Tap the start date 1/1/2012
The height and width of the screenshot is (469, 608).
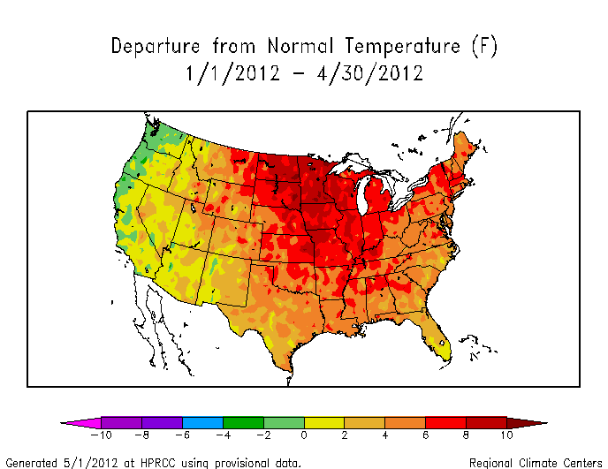233,74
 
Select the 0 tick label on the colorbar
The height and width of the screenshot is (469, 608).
304,435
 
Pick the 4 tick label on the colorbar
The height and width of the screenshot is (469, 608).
385,435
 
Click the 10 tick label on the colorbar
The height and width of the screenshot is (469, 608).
506,435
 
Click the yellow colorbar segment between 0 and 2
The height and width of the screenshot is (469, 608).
324,422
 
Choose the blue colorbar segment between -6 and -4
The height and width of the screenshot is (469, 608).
202,422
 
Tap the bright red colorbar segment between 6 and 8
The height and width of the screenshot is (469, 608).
445,422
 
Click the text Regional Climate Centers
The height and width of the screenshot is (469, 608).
535,462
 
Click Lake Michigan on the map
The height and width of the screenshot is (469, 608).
363,199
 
